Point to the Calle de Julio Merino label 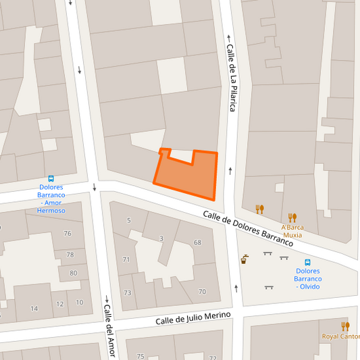tap(193, 317)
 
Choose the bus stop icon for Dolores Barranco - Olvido tap(307, 262)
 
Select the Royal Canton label tap(340, 336)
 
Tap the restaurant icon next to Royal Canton tap(346, 326)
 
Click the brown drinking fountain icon tap(244, 258)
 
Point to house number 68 tap(197, 242)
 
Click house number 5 tap(128, 221)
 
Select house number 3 tap(161, 238)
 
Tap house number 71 tap(126, 259)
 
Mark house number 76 tap(67, 234)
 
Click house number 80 tap(73, 274)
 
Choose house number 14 tap(34, 309)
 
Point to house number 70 tap(202, 291)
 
